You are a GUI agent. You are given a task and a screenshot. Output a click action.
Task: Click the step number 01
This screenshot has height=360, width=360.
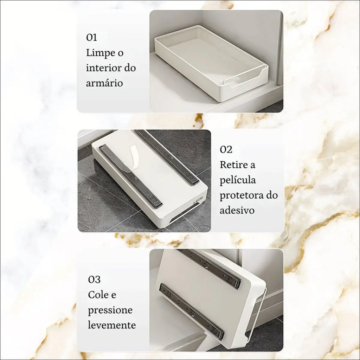coord(91,37)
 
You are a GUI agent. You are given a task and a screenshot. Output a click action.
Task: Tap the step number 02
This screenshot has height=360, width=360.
coord(226,149)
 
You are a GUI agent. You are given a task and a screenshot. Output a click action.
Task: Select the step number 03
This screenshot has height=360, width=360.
coord(94,279)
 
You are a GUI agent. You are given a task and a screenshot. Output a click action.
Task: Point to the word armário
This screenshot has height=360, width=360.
coord(104,83)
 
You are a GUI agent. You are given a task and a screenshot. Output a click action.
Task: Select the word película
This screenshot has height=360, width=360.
coord(238,180)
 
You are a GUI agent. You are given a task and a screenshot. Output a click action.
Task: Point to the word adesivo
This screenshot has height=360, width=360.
coord(237,210)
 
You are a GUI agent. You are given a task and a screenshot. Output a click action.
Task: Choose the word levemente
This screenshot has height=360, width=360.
coord(112,325)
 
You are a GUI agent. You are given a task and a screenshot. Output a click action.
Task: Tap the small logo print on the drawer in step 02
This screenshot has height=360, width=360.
coord(196,200)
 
